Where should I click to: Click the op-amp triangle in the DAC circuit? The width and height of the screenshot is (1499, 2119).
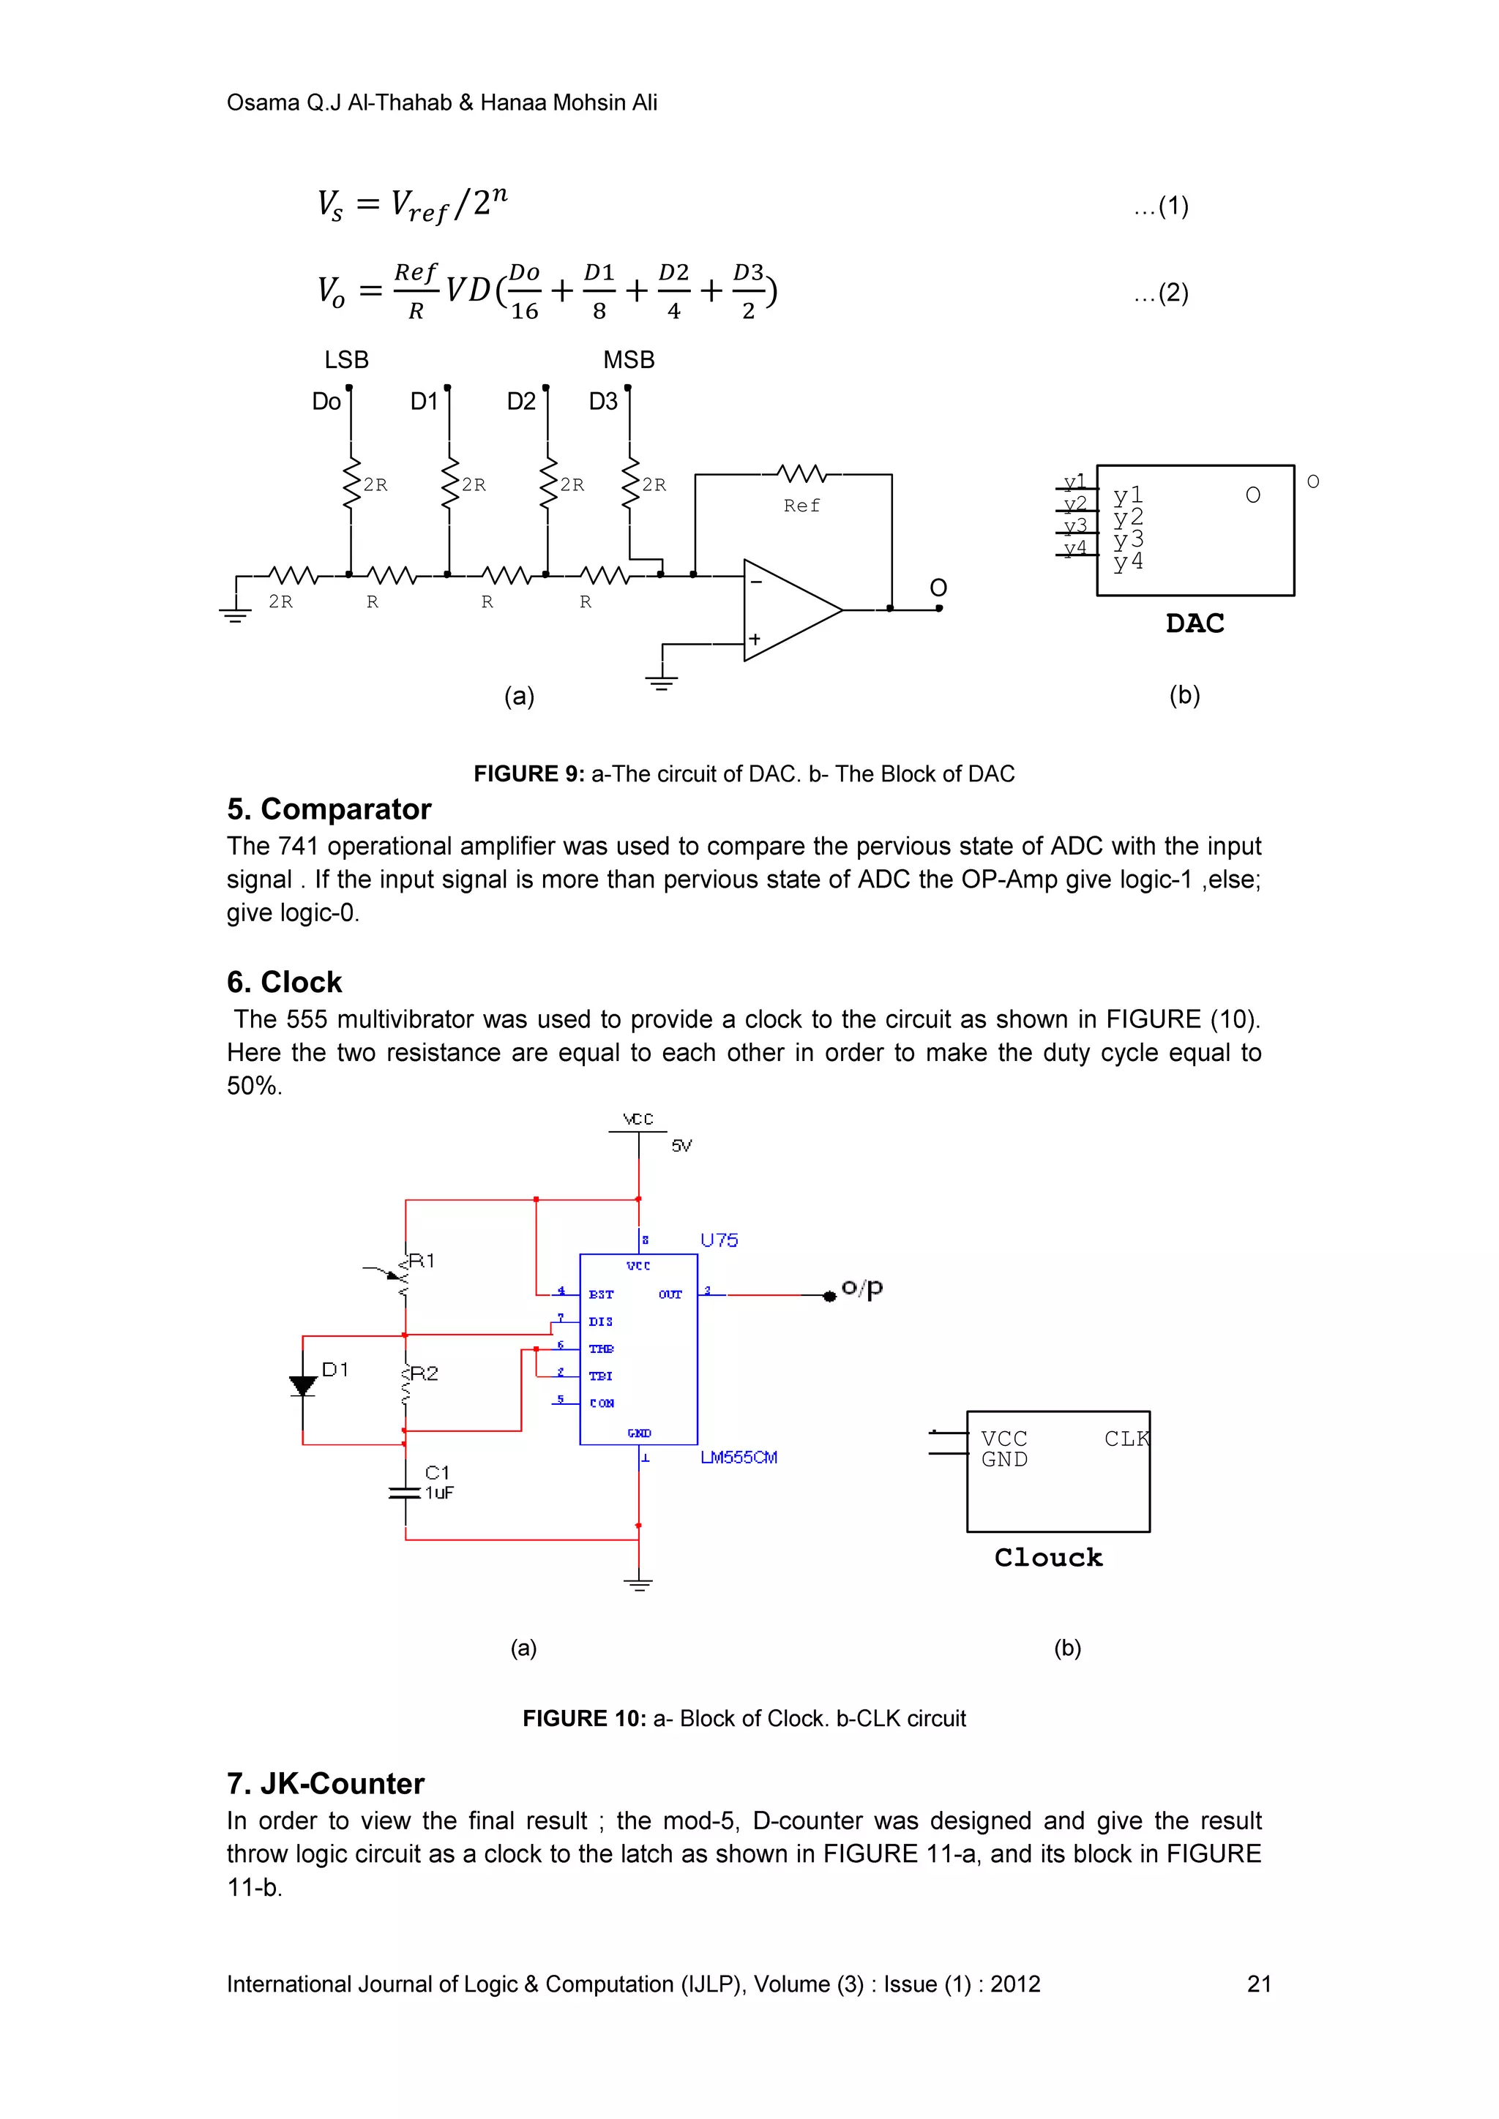click(785, 610)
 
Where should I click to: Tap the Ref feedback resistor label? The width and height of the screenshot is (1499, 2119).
click(801, 506)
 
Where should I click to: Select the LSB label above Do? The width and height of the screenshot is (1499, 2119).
click(346, 360)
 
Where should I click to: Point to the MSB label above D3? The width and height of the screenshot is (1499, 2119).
click(629, 360)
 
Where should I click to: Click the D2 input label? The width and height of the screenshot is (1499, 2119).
click(522, 402)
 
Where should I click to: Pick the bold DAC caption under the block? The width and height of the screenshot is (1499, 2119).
click(1195, 624)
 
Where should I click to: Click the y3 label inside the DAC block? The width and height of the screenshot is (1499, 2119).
click(1128, 539)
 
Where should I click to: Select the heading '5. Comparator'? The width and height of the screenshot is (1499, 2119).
click(329, 809)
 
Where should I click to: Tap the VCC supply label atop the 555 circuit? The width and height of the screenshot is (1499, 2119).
click(638, 1119)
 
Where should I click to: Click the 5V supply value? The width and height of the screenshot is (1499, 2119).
click(681, 1147)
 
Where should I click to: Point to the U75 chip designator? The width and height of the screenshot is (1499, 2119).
click(719, 1240)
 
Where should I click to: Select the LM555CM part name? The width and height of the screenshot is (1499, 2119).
click(739, 1458)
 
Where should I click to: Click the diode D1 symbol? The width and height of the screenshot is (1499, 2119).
click(303, 1385)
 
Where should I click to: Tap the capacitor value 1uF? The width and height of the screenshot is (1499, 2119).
click(439, 1493)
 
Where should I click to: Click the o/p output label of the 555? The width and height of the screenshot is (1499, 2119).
click(862, 1289)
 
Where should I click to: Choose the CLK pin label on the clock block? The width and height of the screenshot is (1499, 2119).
click(1126, 1439)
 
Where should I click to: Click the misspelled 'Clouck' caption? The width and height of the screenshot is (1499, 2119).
click(1049, 1558)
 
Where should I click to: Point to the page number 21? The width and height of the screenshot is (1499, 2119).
click(1259, 1984)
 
